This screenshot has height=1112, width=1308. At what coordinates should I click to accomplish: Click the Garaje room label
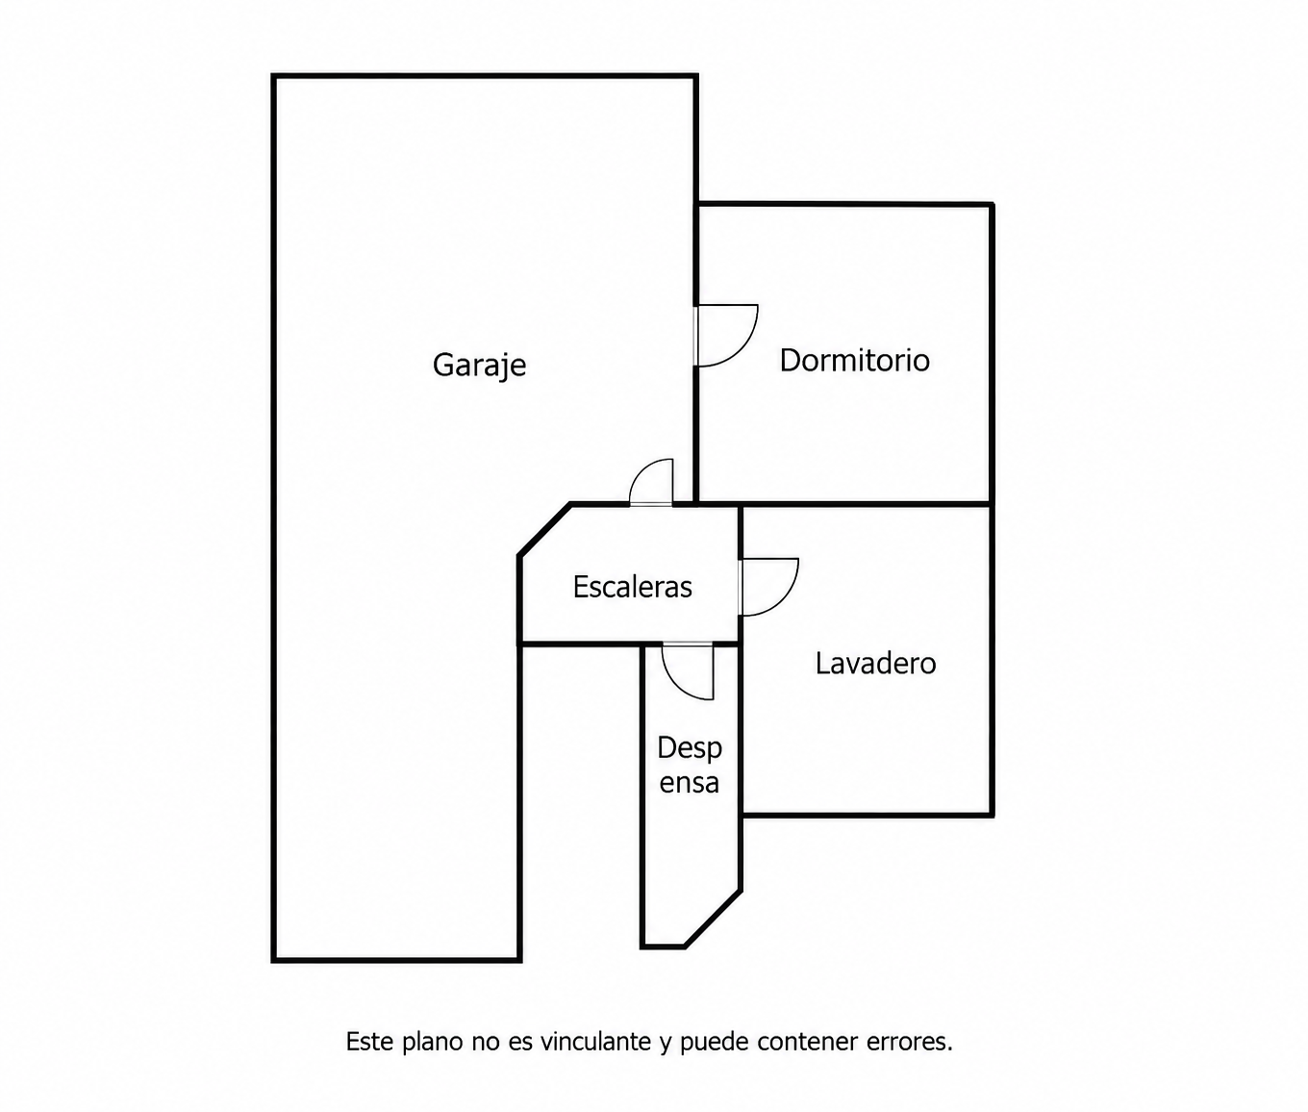pos(479,366)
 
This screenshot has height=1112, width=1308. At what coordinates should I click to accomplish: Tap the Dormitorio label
pos(854,360)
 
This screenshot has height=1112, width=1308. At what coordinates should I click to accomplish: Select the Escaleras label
pos(632,587)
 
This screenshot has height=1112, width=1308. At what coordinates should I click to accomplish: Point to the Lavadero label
pos(875,664)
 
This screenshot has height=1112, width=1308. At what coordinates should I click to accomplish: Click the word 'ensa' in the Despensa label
pos(690,784)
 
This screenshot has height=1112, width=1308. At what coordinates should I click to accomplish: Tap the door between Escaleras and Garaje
pos(651,482)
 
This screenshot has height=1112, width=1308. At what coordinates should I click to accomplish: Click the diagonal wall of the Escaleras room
pos(545,530)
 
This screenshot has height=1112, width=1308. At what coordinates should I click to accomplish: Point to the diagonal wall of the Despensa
pos(713,919)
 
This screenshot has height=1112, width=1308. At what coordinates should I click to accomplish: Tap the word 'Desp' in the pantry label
pos(690,748)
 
